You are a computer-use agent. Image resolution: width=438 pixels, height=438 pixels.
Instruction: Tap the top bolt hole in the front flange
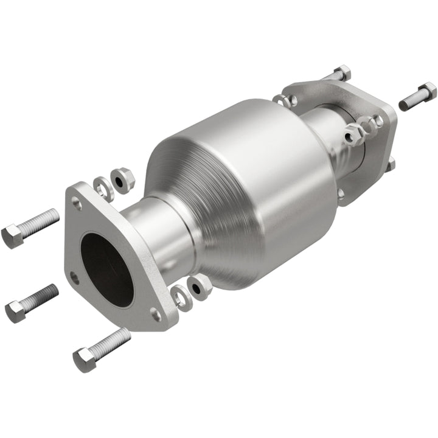tap(77, 204)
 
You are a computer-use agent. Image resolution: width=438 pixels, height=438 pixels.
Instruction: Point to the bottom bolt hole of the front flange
tap(156, 315)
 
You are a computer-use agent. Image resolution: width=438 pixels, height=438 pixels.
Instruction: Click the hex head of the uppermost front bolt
tap(12, 235)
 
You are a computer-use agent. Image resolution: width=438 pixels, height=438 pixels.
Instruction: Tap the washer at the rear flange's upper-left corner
tap(281, 99)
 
